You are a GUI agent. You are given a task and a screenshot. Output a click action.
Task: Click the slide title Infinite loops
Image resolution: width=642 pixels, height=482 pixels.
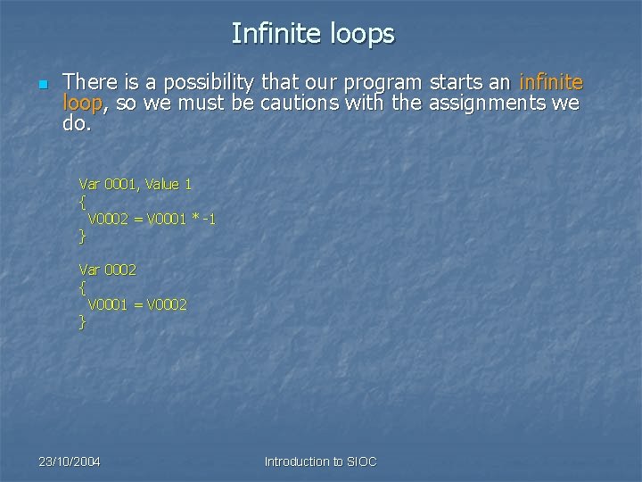click(x=312, y=34)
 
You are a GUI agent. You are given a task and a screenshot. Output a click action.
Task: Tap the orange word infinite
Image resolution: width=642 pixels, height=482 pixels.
click(x=551, y=83)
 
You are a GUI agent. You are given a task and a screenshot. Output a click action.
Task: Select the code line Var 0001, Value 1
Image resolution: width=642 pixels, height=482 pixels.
click(x=136, y=184)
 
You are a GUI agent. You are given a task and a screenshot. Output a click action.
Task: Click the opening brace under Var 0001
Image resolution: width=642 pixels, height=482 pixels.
click(x=82, y=202)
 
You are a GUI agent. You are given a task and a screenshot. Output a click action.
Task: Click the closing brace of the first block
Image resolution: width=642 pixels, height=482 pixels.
click(x=82, y=237)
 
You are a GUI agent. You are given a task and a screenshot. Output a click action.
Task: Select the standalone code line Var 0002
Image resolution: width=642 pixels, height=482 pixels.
click(x=108, y=269)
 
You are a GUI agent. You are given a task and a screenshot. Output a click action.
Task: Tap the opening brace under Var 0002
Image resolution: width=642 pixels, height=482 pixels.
click(x=82, y=287)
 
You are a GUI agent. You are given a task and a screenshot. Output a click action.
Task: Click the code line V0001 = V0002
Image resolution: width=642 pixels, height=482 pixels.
click(x=136, y=304)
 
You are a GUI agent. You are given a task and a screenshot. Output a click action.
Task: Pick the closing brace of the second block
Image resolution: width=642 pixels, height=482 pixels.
click(x=82, y=322)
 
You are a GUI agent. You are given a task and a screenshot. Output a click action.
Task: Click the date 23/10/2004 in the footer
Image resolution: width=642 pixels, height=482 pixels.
click(x=70, y=461)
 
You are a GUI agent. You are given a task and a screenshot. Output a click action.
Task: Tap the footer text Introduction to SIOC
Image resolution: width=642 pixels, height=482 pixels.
click(x=320, y=461)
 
